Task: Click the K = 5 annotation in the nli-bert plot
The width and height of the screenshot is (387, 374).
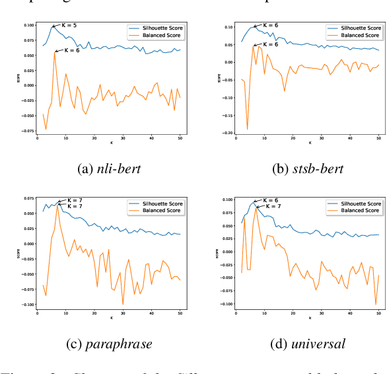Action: (x=69, y=25)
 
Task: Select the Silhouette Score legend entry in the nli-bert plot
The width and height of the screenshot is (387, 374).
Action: (x=156, y=28)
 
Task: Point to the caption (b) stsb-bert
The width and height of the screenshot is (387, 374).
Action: (x=308, y=169)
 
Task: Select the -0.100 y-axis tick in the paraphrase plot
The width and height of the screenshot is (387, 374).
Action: (x=29, y=305)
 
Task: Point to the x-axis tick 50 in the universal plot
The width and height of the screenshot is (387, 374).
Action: (x=376, y=313)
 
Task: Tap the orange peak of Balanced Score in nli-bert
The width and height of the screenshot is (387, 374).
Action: (x=55, y=52)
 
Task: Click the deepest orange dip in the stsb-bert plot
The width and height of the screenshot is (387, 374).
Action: (x=248, y=130)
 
